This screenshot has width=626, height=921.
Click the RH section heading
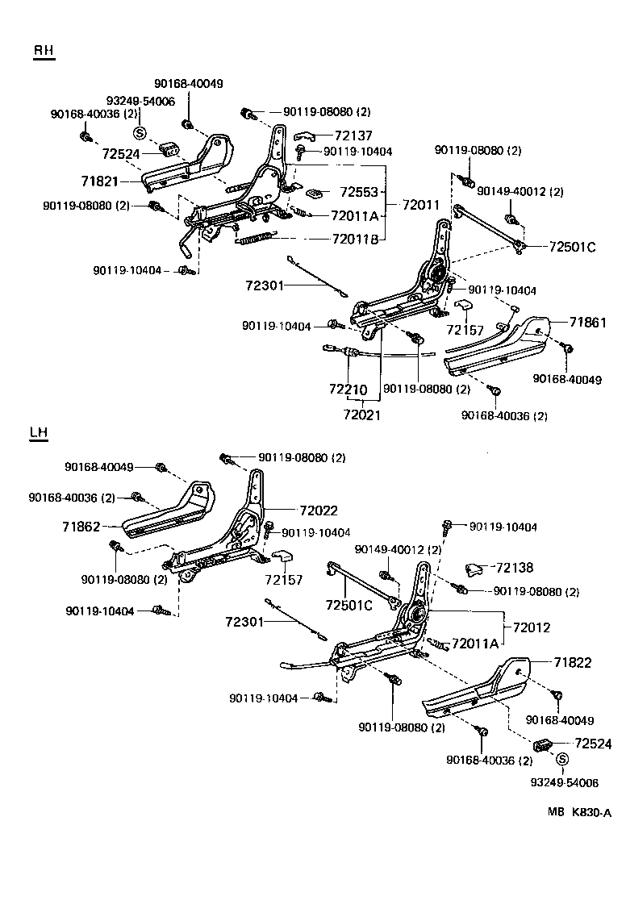point(44,51)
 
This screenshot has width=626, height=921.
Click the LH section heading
point(38,433)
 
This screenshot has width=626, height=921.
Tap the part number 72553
point(358,192)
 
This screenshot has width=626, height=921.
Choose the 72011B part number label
point(355,239)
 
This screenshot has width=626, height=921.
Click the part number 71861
point(587,322)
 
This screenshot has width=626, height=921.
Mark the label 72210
point(348,389)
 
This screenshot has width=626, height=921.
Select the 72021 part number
point(361,415)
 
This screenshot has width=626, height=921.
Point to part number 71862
point(81,527)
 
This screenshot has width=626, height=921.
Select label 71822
point(573,663)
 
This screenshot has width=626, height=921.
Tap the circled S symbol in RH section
point(139,133)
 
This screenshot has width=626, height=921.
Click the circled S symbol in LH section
point(562,759)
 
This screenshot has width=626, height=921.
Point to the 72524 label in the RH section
point(121,152)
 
